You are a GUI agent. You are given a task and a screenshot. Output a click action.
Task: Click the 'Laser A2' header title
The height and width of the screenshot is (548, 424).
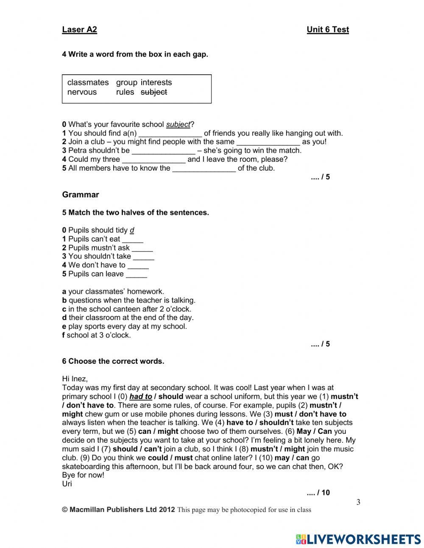[x=79, y=30]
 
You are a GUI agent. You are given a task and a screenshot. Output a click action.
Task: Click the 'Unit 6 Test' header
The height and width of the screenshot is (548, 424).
[x=327, y=30]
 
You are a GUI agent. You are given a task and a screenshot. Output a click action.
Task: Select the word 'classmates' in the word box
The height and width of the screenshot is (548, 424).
[x=88, y=82]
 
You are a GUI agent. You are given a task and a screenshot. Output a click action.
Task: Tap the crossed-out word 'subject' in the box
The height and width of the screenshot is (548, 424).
[x=153, y=92]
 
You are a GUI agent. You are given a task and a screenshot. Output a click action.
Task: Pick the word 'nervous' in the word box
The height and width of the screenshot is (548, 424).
[x=82, y=92]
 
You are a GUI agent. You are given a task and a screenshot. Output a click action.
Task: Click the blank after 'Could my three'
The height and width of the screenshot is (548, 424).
[x=153, y=160]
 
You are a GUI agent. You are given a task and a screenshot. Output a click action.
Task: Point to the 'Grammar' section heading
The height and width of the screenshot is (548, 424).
[x=80, y=195]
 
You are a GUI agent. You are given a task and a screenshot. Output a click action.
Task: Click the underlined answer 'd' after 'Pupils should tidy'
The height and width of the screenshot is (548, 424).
[x=132, y=230]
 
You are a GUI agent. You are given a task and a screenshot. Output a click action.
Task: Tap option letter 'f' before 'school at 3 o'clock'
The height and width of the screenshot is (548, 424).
[x=64, y=335]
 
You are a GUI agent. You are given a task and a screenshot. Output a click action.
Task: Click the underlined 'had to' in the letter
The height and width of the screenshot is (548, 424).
[x=141, y=396]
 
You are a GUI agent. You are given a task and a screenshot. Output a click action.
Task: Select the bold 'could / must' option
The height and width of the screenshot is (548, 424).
[x=170, y=458]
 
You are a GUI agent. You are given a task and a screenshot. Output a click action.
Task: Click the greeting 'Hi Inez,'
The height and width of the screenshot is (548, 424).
[x=75, y=379]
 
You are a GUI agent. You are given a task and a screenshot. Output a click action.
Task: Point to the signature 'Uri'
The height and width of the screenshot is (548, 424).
[x=67, y=484]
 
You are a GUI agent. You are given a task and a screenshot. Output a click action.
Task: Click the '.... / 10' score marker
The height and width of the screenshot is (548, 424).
[x=318, y=493]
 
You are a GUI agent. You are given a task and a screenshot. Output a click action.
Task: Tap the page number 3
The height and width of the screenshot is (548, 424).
[x=358, y=503]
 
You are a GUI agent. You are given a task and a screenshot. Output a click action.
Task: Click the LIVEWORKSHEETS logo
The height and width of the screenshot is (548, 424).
[x=358, y=539]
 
